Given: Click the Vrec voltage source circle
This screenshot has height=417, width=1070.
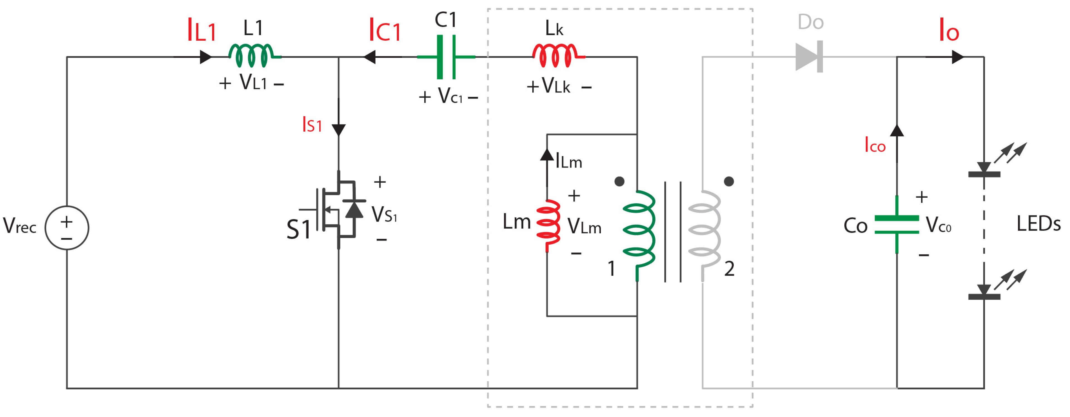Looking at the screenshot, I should coord(66,228).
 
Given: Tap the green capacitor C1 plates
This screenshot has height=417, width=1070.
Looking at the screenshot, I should coord(446,57).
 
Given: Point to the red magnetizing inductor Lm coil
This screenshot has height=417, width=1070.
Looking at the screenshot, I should coord(548,225).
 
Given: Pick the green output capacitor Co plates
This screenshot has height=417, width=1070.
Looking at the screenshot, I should coord(896,225).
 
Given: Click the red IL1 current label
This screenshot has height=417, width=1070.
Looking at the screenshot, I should coord(201,30).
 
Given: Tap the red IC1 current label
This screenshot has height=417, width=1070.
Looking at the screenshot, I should coord(385,30).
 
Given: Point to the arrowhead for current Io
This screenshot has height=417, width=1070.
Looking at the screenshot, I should coord(957,57).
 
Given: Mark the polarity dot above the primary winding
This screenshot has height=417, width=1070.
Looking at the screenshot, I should coord(619,181).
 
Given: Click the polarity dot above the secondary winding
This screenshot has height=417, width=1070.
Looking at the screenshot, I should coord(729,181).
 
